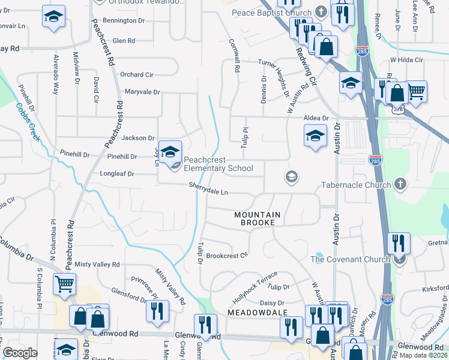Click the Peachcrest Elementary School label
click(218, 164)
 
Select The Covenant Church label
click(350, 259)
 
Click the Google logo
click(20, 353)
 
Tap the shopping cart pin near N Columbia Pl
click(64, 284)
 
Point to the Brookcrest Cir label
click(227, 255)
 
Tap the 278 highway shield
click(398, 110)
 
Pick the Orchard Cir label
click(136, 74)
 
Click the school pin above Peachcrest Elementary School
click(170, 151)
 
